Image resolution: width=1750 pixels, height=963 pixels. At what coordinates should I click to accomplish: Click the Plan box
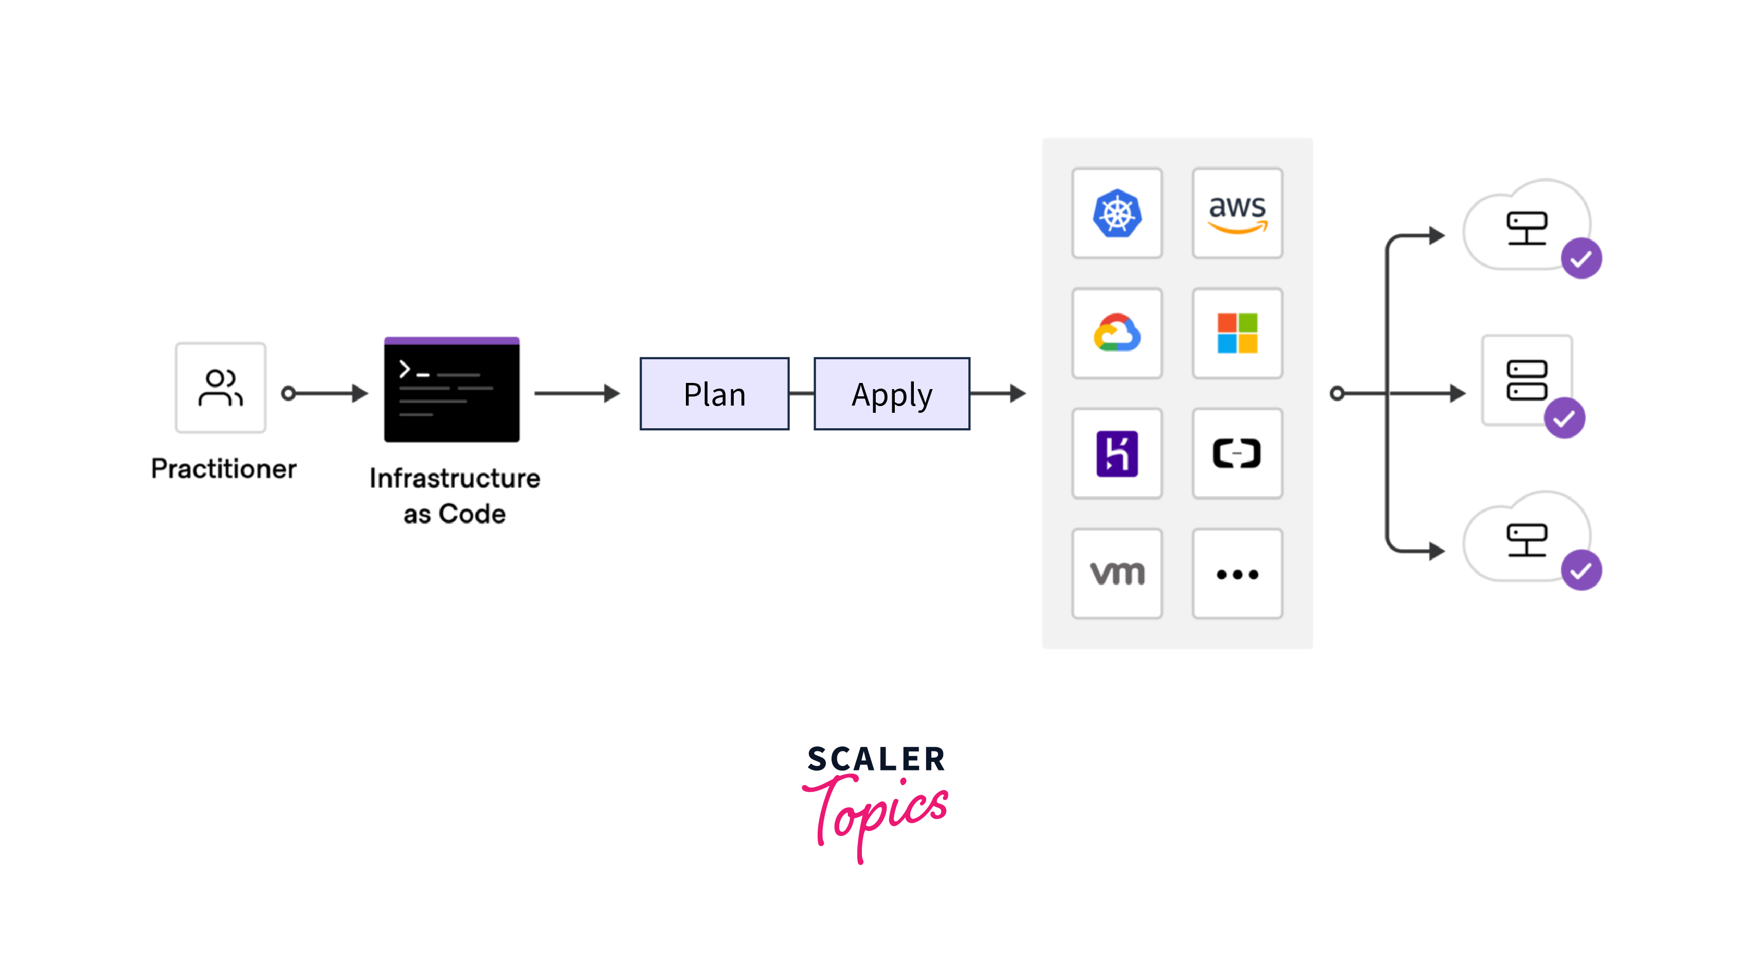pos(714,394)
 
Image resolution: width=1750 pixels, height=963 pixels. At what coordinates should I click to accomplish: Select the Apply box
pos(891,394)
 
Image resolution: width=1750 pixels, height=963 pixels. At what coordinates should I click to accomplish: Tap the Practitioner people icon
pos(220,388)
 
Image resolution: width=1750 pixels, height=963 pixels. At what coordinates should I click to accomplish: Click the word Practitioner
pos(223,469)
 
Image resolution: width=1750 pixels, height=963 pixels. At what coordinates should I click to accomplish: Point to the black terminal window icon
pos(452,390)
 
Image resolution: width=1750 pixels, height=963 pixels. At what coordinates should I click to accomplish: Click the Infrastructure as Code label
pos(454,496)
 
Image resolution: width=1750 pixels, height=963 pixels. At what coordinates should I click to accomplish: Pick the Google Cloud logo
pos(1117,332)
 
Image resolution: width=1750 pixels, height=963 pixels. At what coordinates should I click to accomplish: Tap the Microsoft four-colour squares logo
pos(1237,333)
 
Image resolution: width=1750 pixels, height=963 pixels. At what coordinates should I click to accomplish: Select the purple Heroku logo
pos(1117,453)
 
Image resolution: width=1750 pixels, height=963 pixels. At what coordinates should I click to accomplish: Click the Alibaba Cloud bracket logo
pos(1237,453)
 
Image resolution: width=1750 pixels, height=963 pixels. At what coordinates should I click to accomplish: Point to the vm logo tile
pos(1117,573)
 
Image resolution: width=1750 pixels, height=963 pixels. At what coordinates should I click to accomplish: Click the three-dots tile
pos(1237,573)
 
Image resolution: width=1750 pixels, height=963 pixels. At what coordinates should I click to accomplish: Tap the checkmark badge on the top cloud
pos(1581,258)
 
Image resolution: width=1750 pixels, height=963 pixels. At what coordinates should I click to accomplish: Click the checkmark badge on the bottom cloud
pos(1581,570)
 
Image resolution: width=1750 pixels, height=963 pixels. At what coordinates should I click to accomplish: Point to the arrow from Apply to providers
pos(998,393)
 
